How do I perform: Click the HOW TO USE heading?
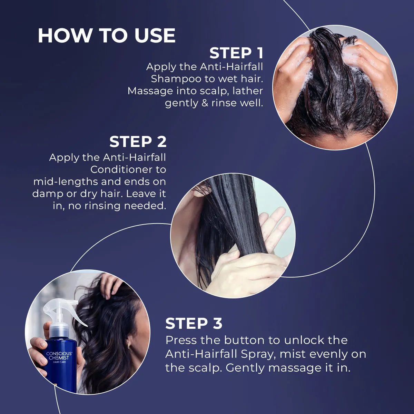[107, 36]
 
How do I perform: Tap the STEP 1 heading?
[236, 53]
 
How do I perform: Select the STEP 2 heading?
[138, 141]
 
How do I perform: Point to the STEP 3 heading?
[194, 324]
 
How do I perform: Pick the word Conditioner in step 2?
[128, 169]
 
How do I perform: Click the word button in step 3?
[245, 340]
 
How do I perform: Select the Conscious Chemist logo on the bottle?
[59, 356]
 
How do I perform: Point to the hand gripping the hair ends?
[241, 269]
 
